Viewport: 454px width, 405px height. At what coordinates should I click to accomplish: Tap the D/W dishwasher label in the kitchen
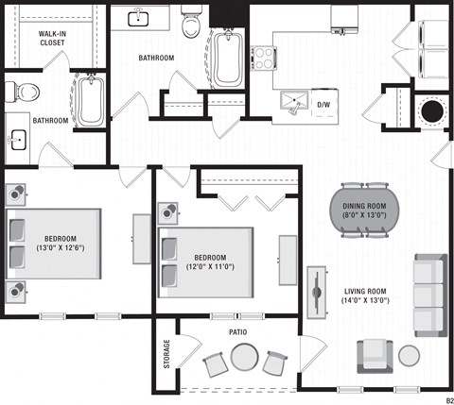tap(324, 104)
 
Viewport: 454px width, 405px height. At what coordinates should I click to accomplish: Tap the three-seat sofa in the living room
tap(428, 295)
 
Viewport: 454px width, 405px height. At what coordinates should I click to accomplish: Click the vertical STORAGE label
tap(167, 353)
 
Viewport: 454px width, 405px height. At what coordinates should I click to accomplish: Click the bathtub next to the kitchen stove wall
tap(228, 57)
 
